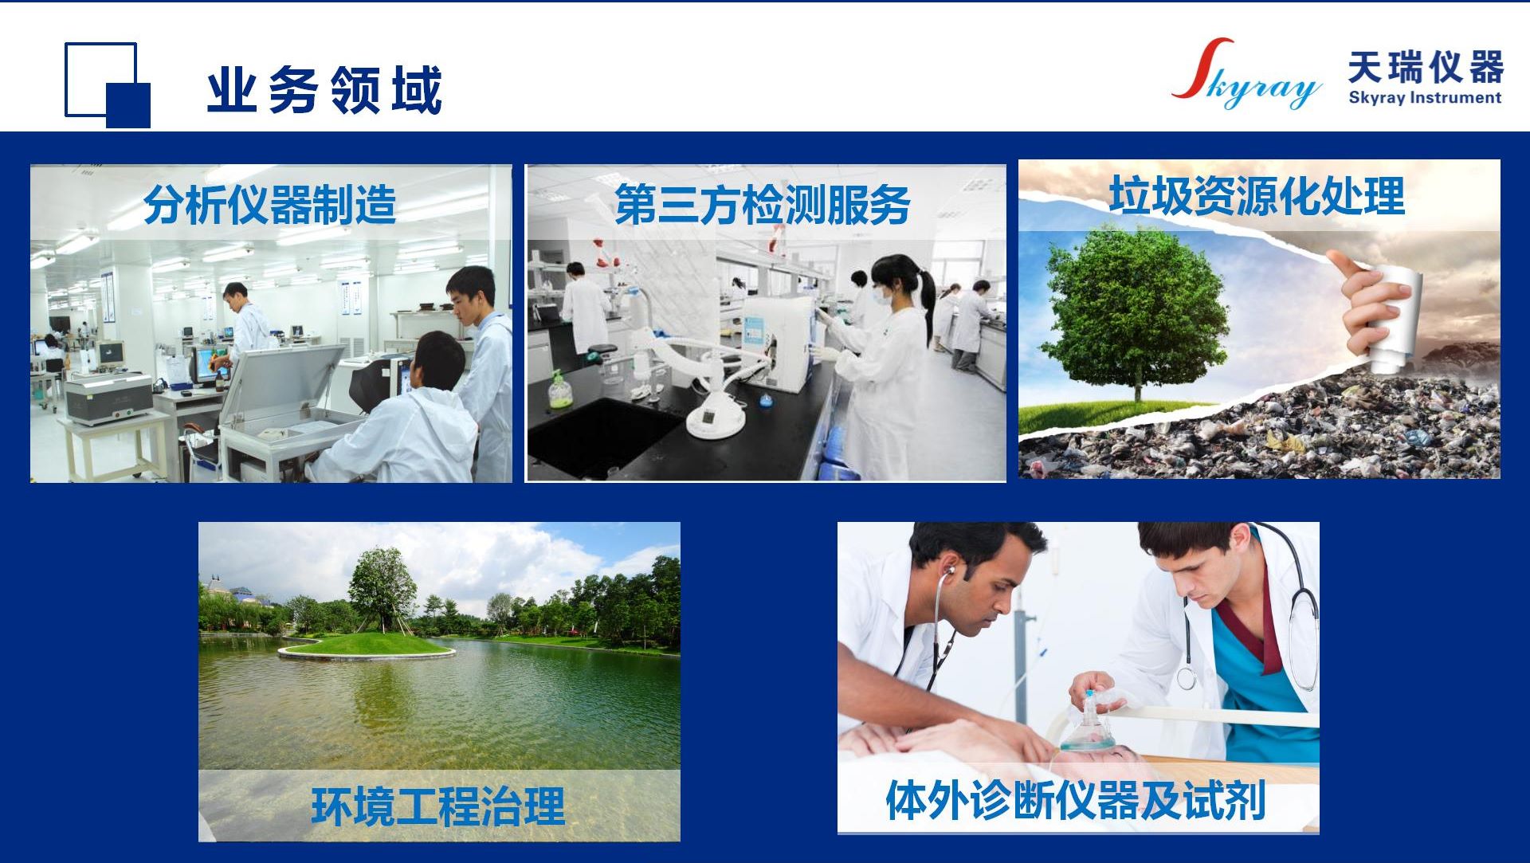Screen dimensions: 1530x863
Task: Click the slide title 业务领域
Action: click(324, 90)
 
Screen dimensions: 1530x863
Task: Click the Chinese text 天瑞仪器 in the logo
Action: click(1426, 67)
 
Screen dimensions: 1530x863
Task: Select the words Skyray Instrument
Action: click(1425, 98)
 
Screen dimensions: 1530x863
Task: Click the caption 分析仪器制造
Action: click(269, 204)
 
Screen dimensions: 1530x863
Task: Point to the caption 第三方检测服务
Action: click(763, 204)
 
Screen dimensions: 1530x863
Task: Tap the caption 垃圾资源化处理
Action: click(1257, 196)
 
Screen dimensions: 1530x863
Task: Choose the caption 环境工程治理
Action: click(438, 806)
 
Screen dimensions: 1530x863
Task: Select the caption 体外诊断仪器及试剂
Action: click(1076, 799)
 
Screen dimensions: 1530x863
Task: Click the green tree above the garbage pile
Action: click(1136, 311)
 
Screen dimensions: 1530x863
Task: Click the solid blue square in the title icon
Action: click(128, 105)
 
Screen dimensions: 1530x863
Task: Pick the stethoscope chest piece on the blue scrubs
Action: click(1186, 678)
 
